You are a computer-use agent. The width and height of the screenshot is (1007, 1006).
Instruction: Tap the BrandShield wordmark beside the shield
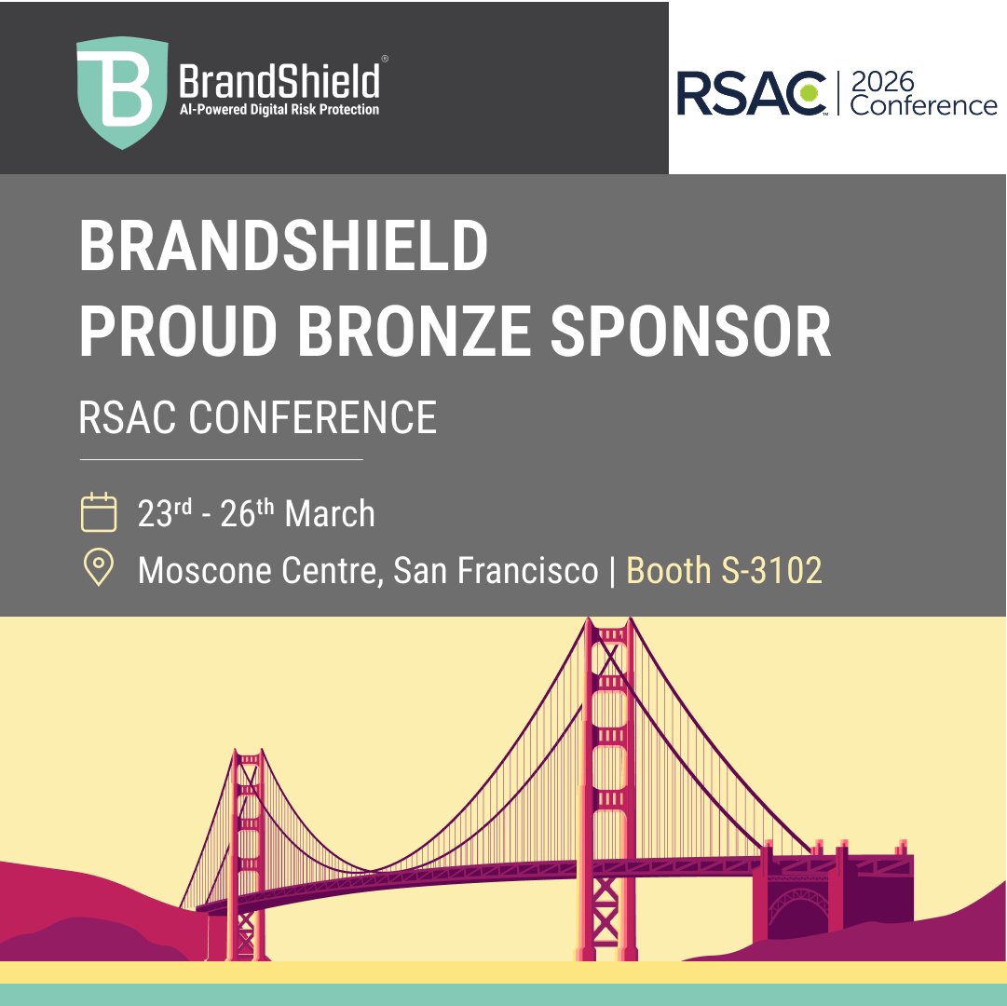coord(279,80)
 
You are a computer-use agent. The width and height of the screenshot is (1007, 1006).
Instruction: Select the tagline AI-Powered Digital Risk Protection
coord(279,110)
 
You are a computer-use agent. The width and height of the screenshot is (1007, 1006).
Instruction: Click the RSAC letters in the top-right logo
coord(751,92)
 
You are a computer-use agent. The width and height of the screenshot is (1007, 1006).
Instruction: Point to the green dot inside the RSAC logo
coord(810,92)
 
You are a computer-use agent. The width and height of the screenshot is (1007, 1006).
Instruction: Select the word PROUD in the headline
coord(183,330)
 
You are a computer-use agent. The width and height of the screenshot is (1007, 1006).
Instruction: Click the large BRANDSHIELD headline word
coord(283,247)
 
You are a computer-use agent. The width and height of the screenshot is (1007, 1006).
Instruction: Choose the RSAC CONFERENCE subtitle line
coord(257,417)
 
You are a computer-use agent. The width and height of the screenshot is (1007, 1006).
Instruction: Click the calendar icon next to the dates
coord(99,513)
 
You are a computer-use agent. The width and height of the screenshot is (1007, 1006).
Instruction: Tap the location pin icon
coord(99,568)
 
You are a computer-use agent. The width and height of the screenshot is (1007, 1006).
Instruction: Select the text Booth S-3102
coord(724,570)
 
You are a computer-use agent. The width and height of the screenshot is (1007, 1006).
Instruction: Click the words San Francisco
coord(495,570)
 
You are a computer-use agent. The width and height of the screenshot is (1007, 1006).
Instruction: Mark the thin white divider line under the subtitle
coord(221,459)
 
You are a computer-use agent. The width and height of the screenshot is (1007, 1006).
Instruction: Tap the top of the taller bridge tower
coord(610,633)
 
